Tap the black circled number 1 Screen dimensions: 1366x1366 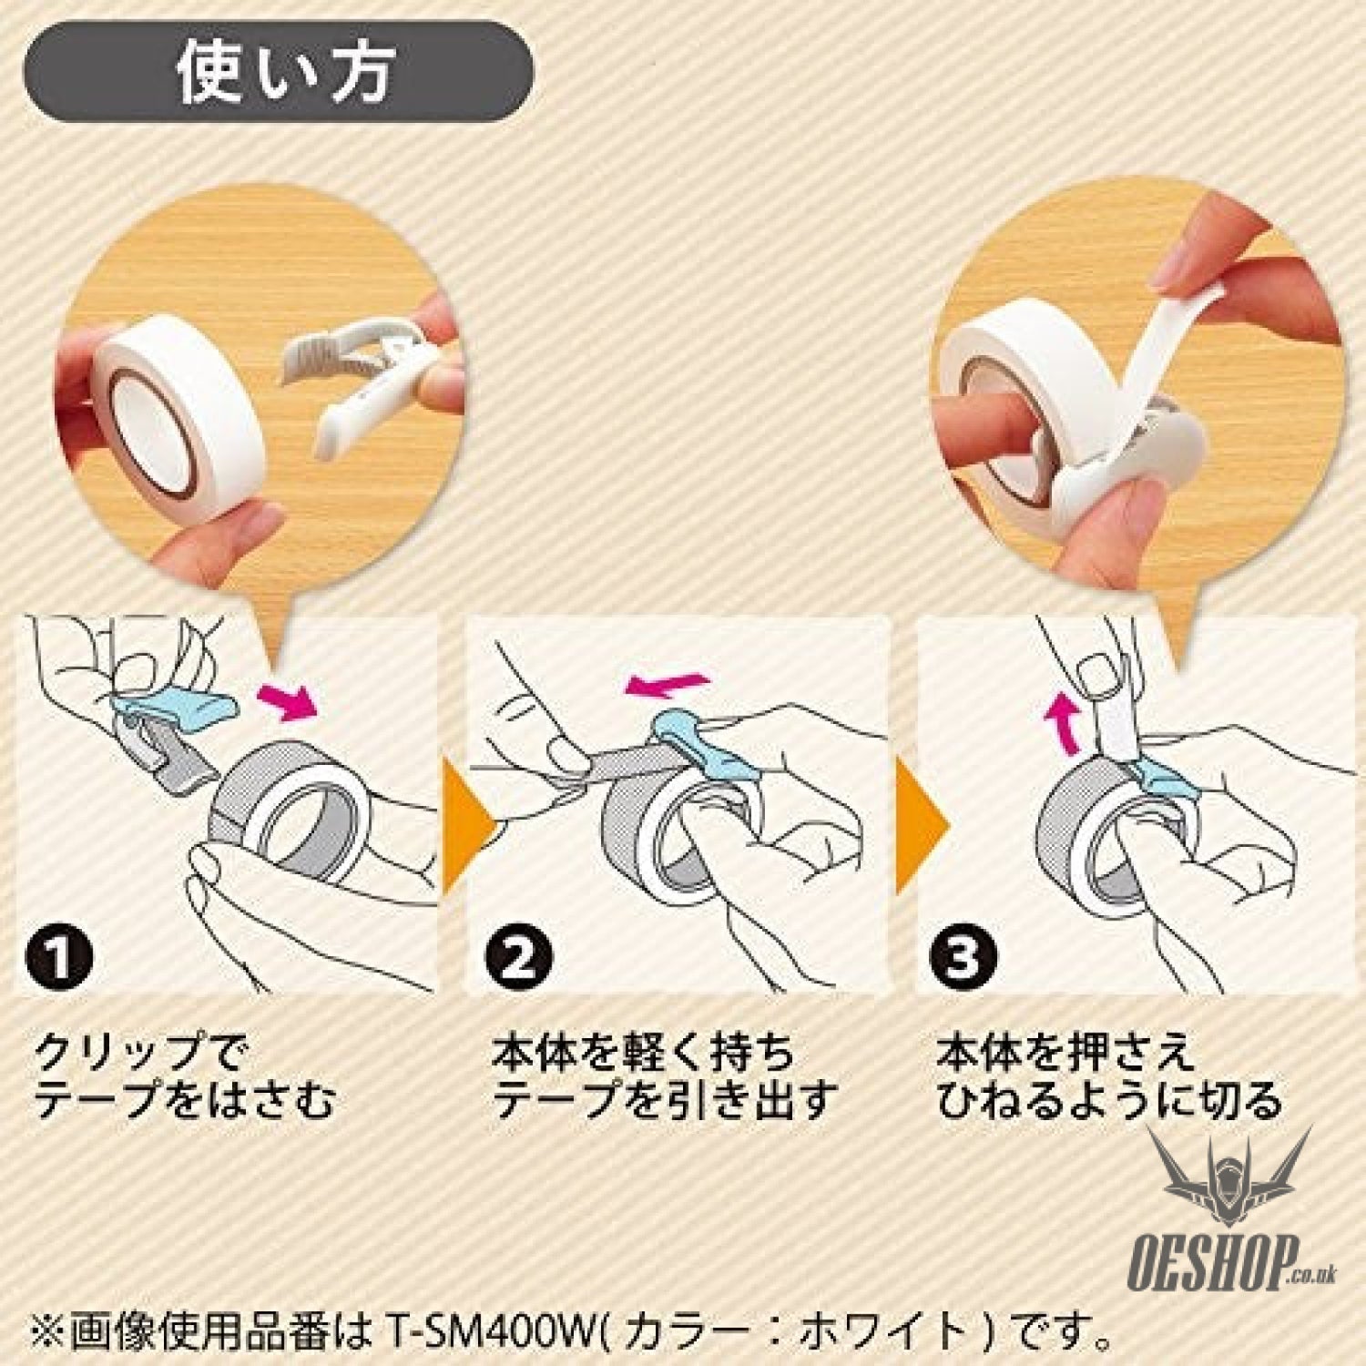click(59, 958)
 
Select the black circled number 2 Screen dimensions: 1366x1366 click(518, 958)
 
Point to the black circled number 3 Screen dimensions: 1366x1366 click(960, 958)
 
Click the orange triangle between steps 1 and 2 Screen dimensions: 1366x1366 click(465, 828)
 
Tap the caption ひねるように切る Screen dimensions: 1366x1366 click(1108, 1101)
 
